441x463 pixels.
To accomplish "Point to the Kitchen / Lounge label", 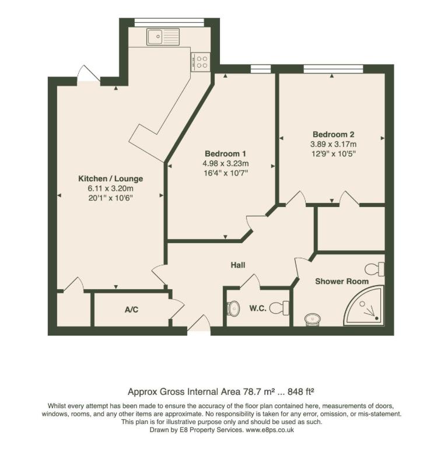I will pos(111,178).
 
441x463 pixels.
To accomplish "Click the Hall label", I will pos(237,265).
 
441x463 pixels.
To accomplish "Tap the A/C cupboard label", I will pos(131,309).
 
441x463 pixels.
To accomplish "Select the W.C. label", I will pos(258,308).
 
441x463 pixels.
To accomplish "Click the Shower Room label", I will pos(342,281).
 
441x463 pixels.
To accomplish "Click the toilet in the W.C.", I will pos(283,307).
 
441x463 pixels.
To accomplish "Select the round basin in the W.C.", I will pos(233,307).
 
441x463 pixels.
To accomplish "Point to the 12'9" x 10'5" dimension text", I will pos(333,153).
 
